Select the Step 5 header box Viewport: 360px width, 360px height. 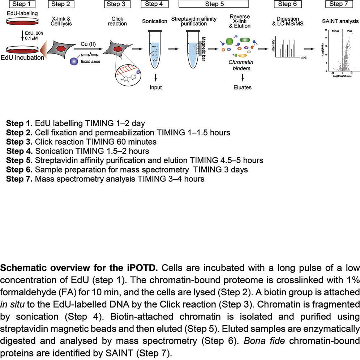pos(214,4)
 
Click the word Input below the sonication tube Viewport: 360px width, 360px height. pos(156,87)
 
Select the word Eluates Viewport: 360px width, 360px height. pos(242,87)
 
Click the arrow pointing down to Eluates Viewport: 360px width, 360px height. pos(242,77)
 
